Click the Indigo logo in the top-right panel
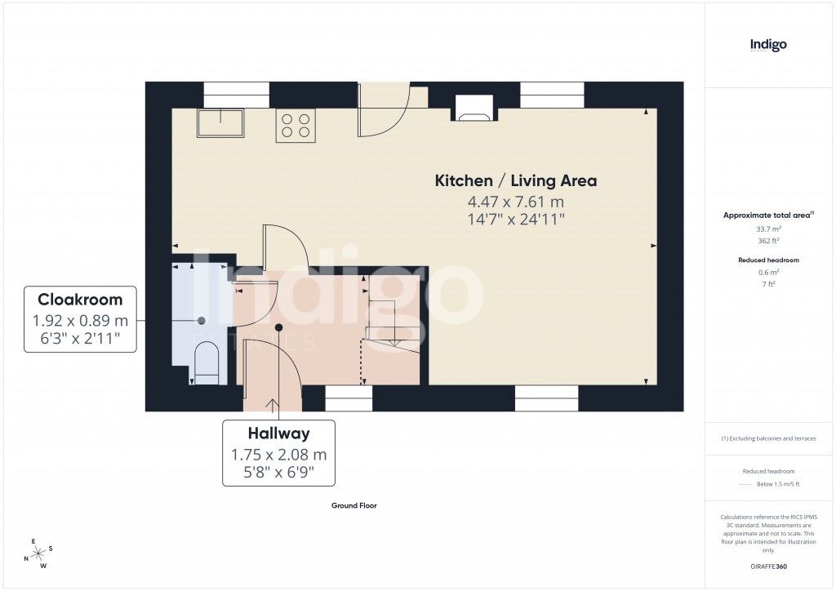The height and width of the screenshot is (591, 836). (768, 45)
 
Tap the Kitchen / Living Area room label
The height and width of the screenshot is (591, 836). (515, 181)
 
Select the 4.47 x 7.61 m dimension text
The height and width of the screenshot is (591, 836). (515, 202)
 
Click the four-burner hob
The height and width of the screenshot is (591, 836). (296, 126)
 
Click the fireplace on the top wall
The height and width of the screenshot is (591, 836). (474, 109)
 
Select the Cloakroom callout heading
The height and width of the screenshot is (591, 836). (80, 300)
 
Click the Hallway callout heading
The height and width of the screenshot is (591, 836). (279, 433)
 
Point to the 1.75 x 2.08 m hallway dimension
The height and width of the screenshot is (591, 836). (279, 455)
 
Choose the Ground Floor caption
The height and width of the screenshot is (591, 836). (354, 505)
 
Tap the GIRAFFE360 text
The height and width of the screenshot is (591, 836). (768, 567)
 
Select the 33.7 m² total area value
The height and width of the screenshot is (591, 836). (768, 229)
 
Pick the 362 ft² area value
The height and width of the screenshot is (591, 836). (768, 241)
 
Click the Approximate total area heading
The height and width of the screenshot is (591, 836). (767, 216)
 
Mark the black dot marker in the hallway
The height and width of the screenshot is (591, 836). (278, 327)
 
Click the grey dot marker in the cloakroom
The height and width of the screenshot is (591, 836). (201, 320)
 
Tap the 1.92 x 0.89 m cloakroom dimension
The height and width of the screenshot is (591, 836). (80, 321)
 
